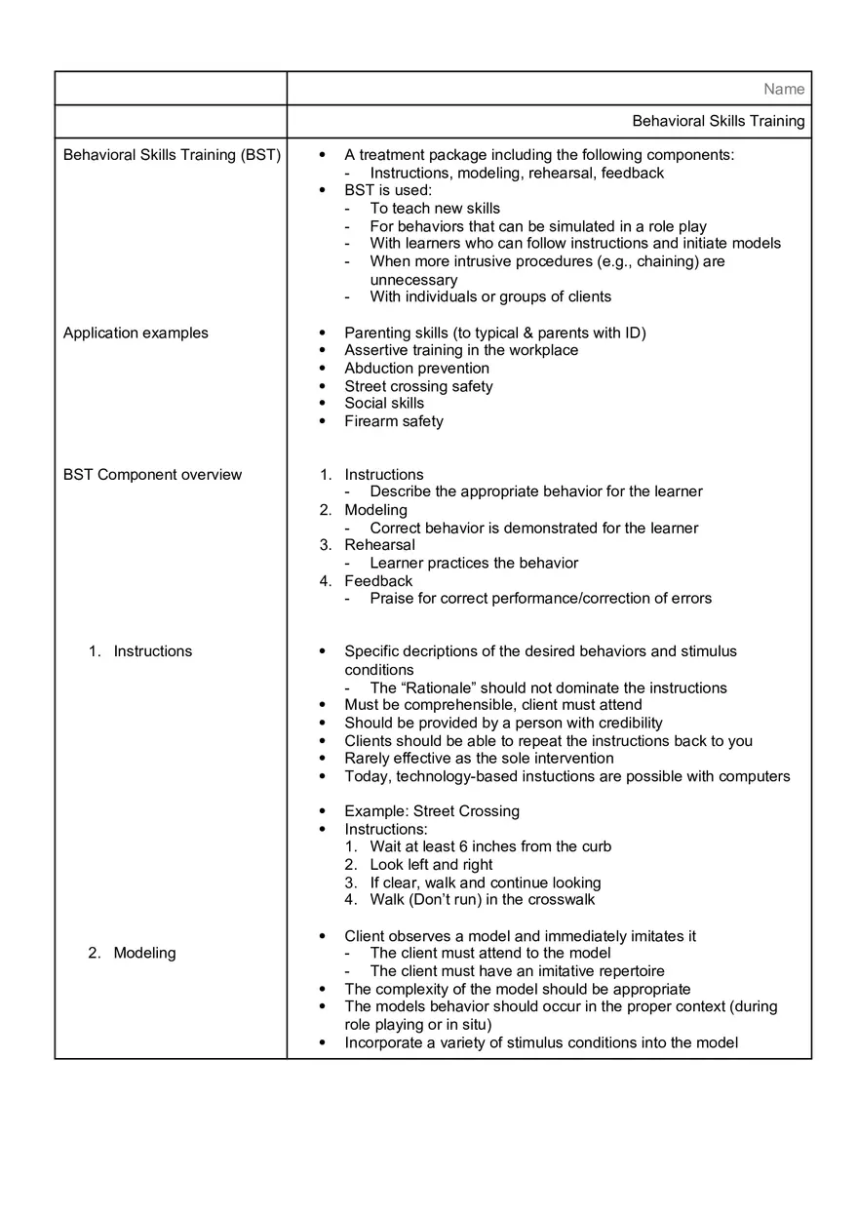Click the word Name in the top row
(x=784, y=89)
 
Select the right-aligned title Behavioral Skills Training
(x=719, y=122)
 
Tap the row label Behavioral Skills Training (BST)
(x=172, y=155)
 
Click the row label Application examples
(x=136, y=333)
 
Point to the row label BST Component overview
(x=152, y=475)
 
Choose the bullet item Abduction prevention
(x=416, y=369)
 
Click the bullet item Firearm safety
(x=393, y=421)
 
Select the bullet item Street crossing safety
(x=418, y=386)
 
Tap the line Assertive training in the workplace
(x=460, y=350)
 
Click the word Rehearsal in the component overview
(x=379, y=545)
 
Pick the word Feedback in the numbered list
(x=378, y=581)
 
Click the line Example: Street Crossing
(x=431, y=811)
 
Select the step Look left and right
(x=431, y=865)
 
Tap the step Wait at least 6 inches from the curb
(x=490, y=846)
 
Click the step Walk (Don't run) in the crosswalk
(x=482, y=900)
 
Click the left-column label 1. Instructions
(x=141, y=651)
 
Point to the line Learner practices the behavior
(x=474, y=563)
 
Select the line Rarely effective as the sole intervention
(x=479, y=759)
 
